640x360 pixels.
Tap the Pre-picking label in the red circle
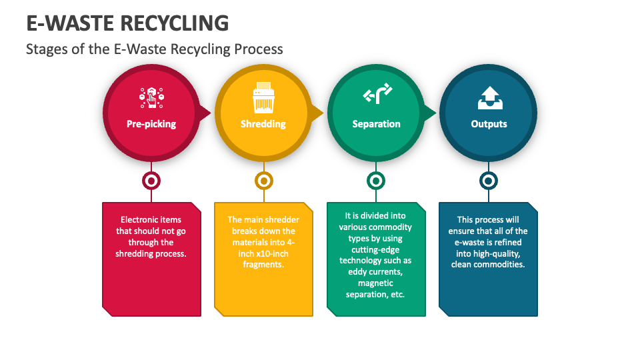pos(151,124)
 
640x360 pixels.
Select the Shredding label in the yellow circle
pos(263,124)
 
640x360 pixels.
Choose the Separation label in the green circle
pos(376,124)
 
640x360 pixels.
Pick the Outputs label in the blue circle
pos(489,124)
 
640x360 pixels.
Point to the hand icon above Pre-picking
pos(151,97)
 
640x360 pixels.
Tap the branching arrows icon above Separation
pos(377,96)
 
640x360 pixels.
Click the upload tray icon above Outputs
pos(489,98)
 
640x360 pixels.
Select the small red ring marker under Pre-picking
pos(151,181)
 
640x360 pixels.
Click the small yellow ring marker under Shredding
pos(264,181)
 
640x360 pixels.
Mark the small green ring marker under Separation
pos(376,181)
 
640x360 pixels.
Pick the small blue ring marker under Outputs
pos(489,181)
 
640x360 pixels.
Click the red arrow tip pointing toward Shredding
pos(207,113)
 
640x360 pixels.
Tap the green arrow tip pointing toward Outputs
pos(432,113)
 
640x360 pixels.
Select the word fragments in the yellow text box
pos(263,265)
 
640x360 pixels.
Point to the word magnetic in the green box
pos(376,283)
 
